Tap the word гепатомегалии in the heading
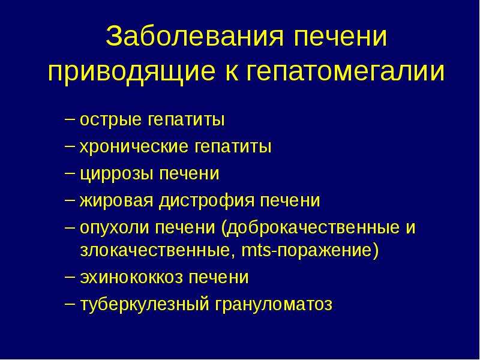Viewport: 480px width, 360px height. pos(345,72)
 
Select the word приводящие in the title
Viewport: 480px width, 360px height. pos(131,73)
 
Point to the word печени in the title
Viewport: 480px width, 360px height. pos(340,37)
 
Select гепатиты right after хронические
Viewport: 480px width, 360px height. pos(233,146)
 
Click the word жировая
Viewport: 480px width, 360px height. pos(116,201)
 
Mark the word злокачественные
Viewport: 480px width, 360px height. pos(158,251)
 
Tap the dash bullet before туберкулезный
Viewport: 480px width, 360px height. pos(70,303)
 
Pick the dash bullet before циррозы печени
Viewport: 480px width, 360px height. pos(70,172)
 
